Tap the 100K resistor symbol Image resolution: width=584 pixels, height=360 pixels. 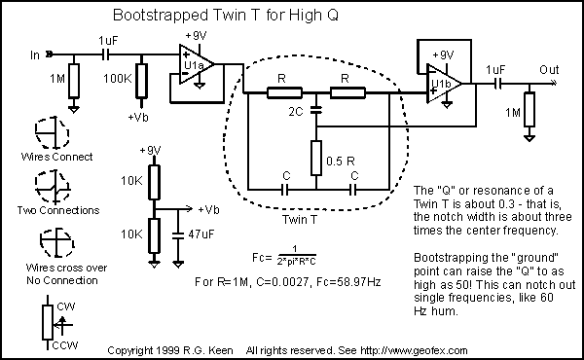143,78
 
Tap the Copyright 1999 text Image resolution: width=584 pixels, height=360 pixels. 146,349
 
